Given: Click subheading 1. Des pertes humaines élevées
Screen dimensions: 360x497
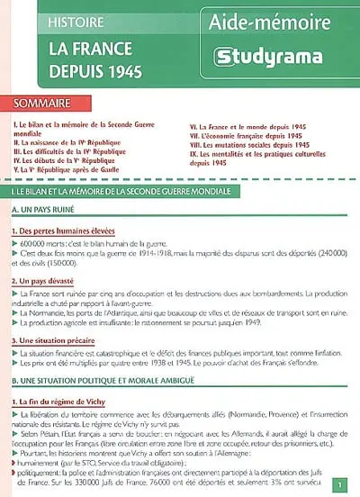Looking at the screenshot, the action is click(65, 230).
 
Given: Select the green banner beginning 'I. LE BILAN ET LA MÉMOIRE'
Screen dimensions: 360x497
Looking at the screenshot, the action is click(180, 193).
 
